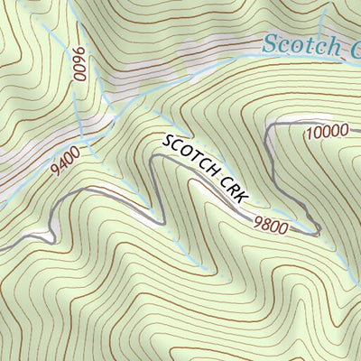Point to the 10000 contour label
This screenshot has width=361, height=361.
coord(326,131)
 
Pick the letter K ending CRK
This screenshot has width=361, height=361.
coord(241,196)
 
